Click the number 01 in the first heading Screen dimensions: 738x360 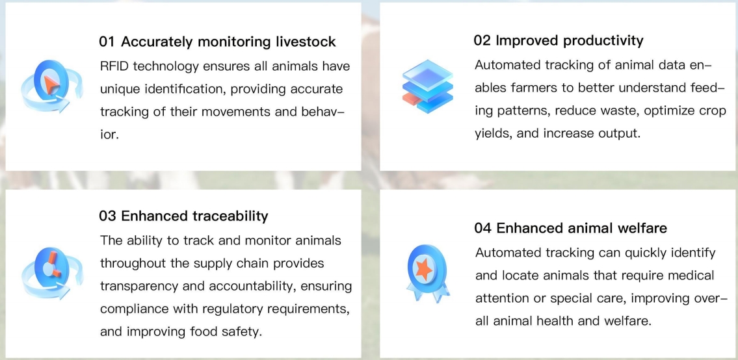107,42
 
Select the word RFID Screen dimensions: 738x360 115,66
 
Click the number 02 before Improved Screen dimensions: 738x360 482,40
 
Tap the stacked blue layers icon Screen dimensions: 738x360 427,86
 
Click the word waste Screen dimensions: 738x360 620,111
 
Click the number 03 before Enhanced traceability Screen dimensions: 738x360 107,216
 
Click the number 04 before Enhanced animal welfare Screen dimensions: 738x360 483,228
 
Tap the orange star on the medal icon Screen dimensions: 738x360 423,270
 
